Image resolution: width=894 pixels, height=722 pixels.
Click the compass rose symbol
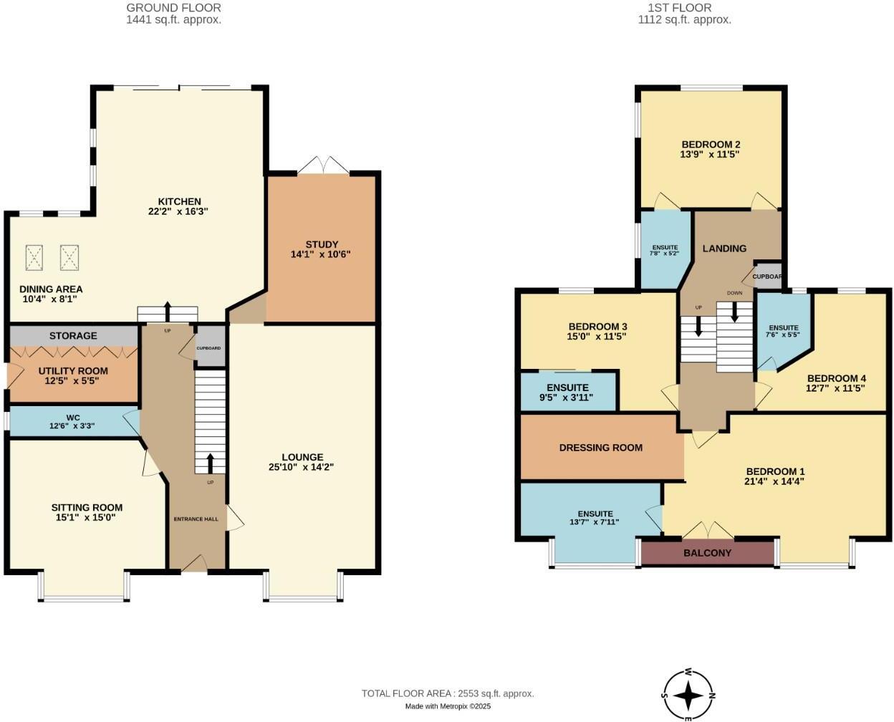click(x=688, y=694)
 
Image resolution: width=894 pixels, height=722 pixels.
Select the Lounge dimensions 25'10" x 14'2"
click(x=302, y=467)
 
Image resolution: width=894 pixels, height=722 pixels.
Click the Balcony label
click(x=707, y=553)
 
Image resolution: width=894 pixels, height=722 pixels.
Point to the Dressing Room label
click(x=600, y=448)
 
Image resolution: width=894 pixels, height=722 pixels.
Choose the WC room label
click(x=72, y=417)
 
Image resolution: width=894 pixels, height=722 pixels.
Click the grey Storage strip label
click(x=73, y=335)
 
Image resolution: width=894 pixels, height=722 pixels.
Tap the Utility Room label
click(x=73, y=371)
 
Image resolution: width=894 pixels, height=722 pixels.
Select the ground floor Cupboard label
click(x=209, y=348)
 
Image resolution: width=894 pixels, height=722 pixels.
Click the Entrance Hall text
click(x=196, y=519)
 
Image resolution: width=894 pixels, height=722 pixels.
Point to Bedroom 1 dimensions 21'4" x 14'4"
click(x=775, y=481)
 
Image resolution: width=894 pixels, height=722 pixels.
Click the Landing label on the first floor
click(x=724, y=249)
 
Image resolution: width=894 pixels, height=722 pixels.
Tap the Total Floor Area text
click(x=448, y=693)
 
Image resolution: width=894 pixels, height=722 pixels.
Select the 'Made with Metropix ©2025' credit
click(x=448, y=706)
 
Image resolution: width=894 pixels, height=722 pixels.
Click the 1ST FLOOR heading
click(x=684, y=8)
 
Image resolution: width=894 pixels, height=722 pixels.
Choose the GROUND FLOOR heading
click(x=173, y=8)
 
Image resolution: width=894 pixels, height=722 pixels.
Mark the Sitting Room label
click(x=87, y=507)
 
